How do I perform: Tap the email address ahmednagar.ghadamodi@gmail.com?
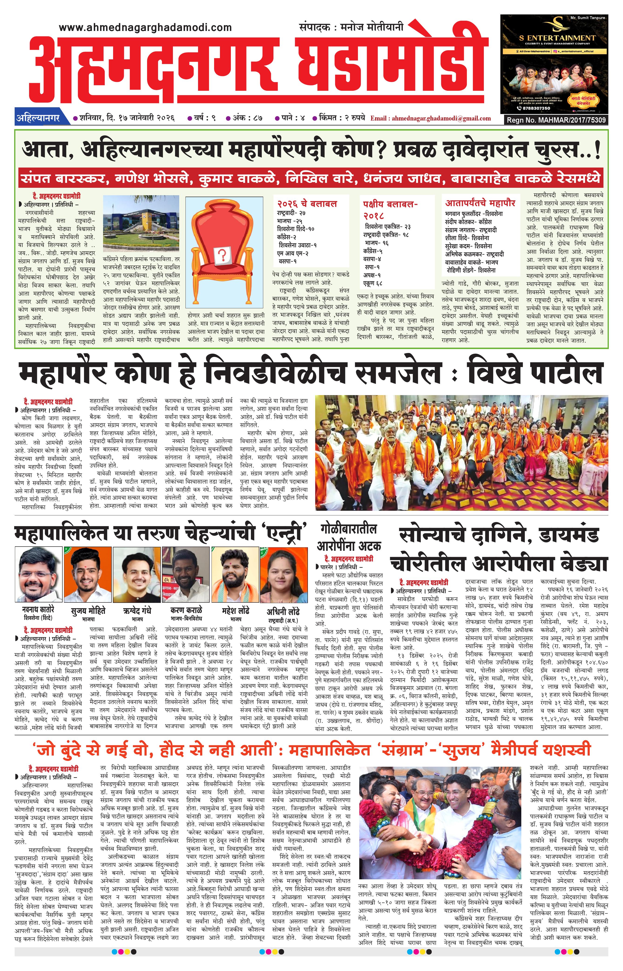431,118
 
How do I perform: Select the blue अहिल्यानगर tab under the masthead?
38,118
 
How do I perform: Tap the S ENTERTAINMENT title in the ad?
557,38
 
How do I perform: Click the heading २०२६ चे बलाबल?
307,204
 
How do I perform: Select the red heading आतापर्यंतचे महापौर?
480,203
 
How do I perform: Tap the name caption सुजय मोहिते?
88,610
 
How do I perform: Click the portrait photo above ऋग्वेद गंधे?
137,575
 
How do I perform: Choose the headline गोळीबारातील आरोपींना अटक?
349,537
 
